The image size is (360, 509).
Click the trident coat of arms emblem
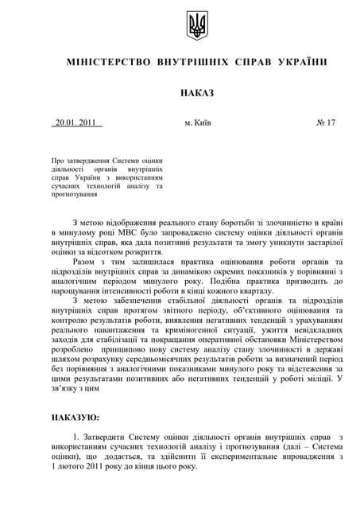196,25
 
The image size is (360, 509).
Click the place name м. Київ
198,123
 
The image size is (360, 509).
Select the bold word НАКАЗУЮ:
75,417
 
